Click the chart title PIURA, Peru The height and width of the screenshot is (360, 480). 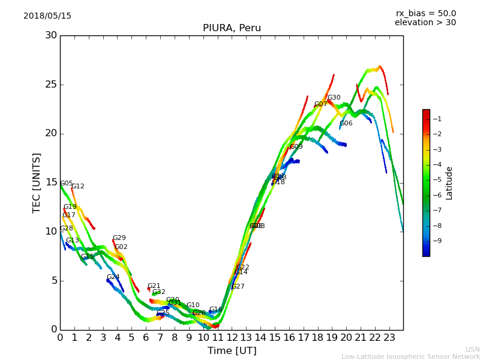pyautogui.click(x=232, y=28)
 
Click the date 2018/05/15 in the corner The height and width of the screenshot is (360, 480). pyautogui.click(x=47, y=16)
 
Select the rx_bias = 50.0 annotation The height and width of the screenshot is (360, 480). pyautogui.click(x=425, y=14)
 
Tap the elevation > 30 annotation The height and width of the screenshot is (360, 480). pyautogui.click(x=425, y=23)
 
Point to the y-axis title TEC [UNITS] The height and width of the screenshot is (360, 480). pyautogui.click(x=37, y=182)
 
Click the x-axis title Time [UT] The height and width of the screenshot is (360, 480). pyautogui.click(x=232, y=351)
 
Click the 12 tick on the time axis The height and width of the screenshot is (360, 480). pyautogui.click(x=232, y=337)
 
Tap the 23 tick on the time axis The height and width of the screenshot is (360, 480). pyautogui.click(x=389, y=337)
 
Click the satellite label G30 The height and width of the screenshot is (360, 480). pyautogui.click(x=334, y=98)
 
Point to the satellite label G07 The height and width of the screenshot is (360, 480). pyautogui.click(x=320, y=104)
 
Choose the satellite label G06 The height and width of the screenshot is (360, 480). pyautogui.click(x=346, y=124)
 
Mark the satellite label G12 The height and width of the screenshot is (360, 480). pyautogui.click(x=77, y=187)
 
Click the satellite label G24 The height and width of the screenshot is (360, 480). pyautogui.click(x=113, y=277)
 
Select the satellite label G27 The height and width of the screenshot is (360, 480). pyautogui.click(x=238, y=287)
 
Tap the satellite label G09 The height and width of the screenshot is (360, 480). pyautogui.click(x=296, y=147)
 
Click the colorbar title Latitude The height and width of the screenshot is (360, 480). pyautogui.click(x=449, y=183)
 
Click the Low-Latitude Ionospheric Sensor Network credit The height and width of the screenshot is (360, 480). pyautogui.click(x=410, y=357)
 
